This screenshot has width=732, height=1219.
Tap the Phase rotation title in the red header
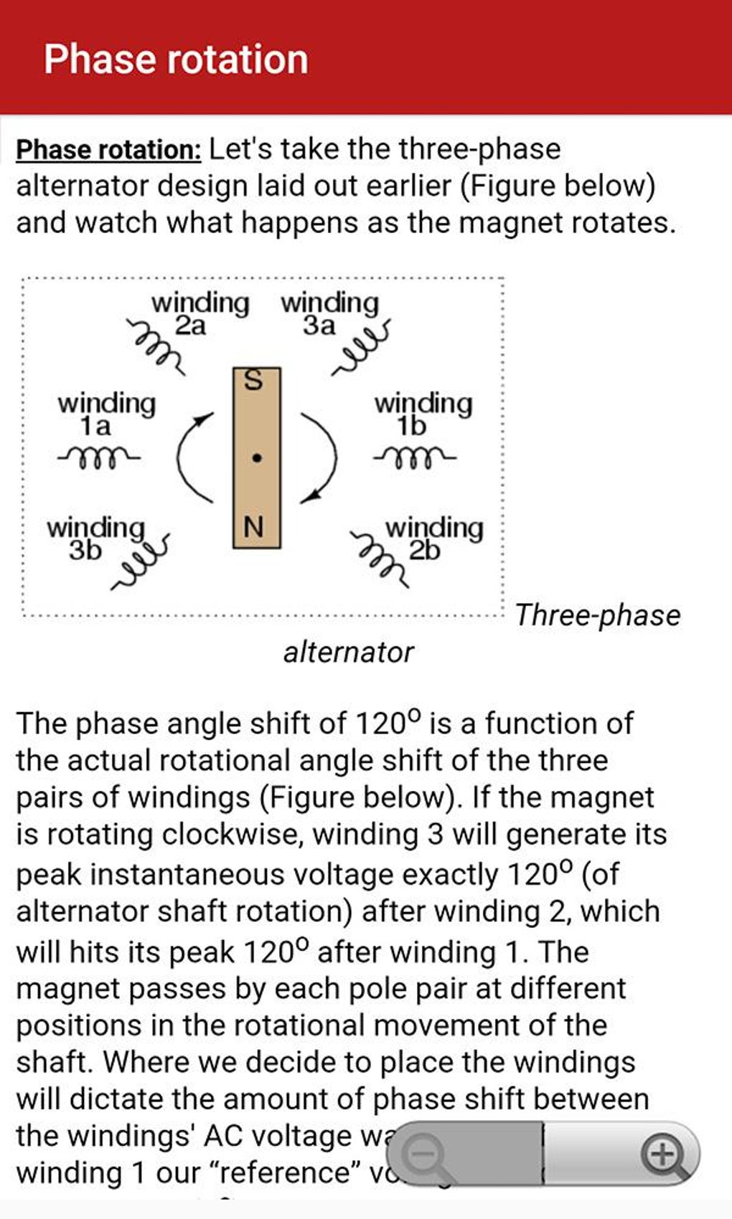click(176, 59)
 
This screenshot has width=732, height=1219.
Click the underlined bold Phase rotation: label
click(109, 149)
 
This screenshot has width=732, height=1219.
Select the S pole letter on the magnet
click(254, 380)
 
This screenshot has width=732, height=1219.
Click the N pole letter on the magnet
click(253, 527)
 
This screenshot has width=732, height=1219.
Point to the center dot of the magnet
click(256, 457)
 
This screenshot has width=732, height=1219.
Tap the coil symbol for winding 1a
click(99, 456)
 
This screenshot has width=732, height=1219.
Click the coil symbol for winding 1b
click(414, 456)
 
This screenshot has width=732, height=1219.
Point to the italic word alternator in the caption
click(349, 653)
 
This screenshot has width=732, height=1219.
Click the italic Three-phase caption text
click(598, 615)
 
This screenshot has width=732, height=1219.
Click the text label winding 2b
click(434, 539)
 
